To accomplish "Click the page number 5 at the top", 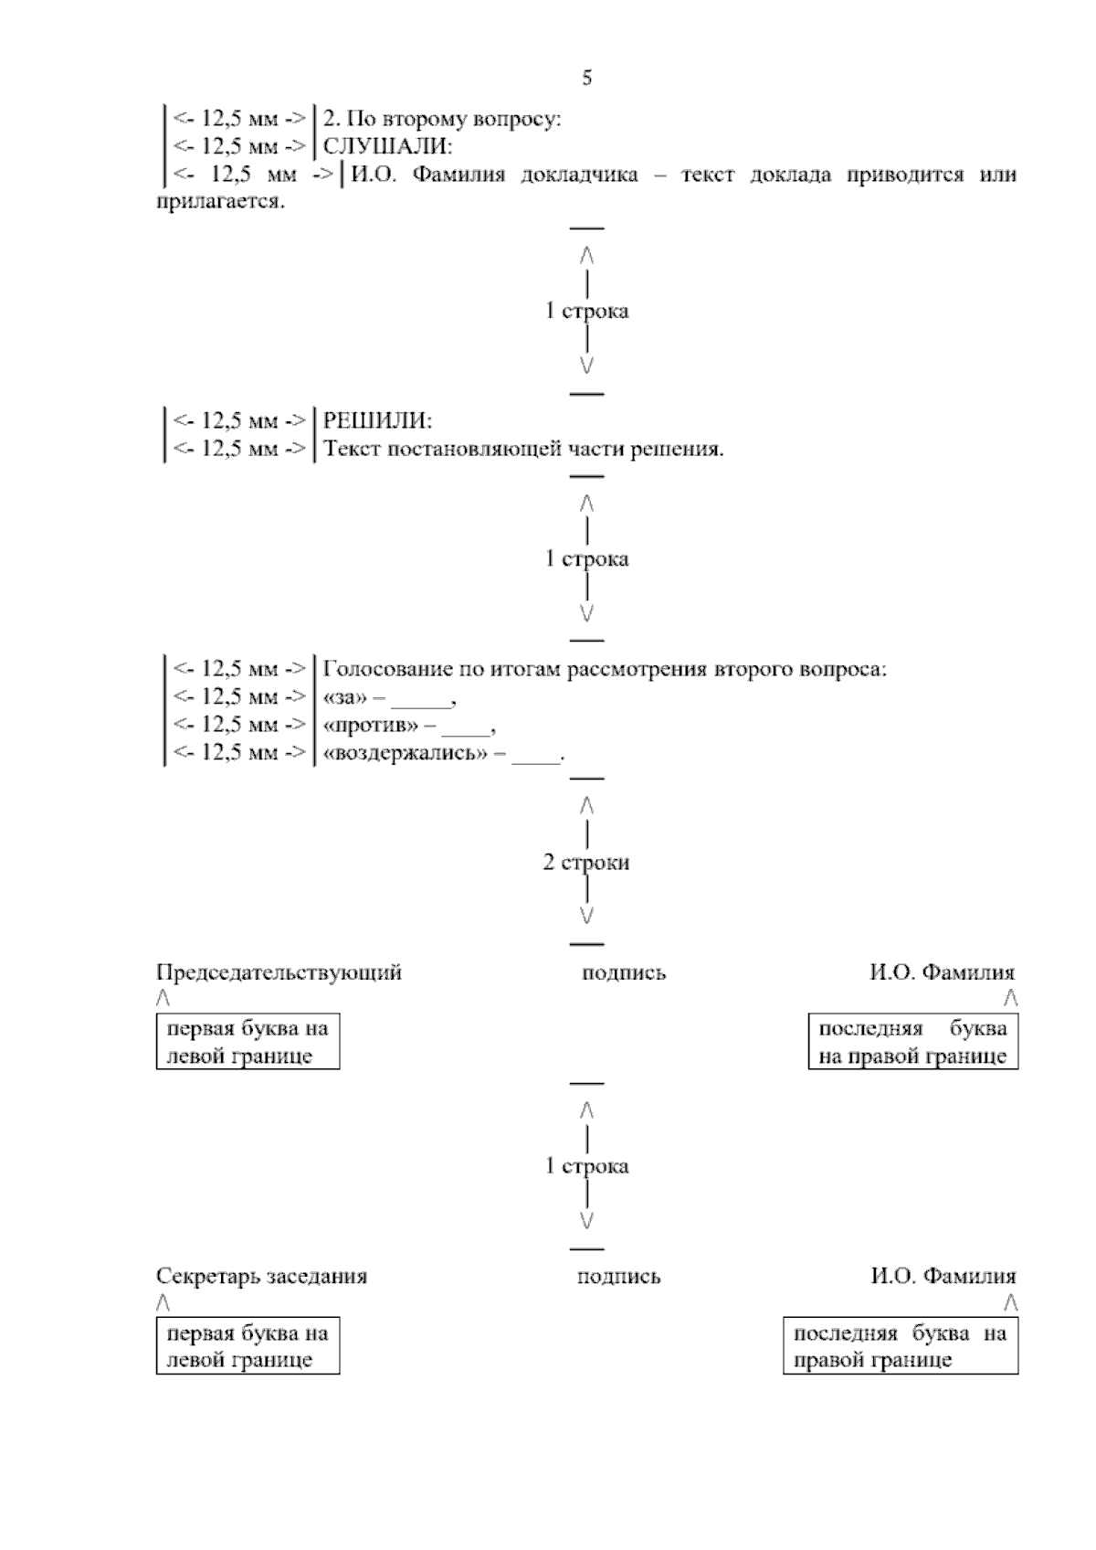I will coord(586,78).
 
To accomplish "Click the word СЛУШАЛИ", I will coord(388,146).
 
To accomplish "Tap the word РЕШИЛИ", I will coord(378,421).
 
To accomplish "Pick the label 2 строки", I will coord(586,863).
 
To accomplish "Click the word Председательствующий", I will coord(279,972).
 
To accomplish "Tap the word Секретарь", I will coord(207,1276).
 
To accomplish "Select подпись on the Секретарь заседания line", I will coord(618,1277).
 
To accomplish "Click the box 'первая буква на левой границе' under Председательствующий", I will coord(248,1042).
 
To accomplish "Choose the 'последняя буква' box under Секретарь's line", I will coord(901,1345).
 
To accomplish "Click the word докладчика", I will coord(579,175).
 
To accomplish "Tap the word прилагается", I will coord(220,202).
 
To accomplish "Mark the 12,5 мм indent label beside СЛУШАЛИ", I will coord(240,146).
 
